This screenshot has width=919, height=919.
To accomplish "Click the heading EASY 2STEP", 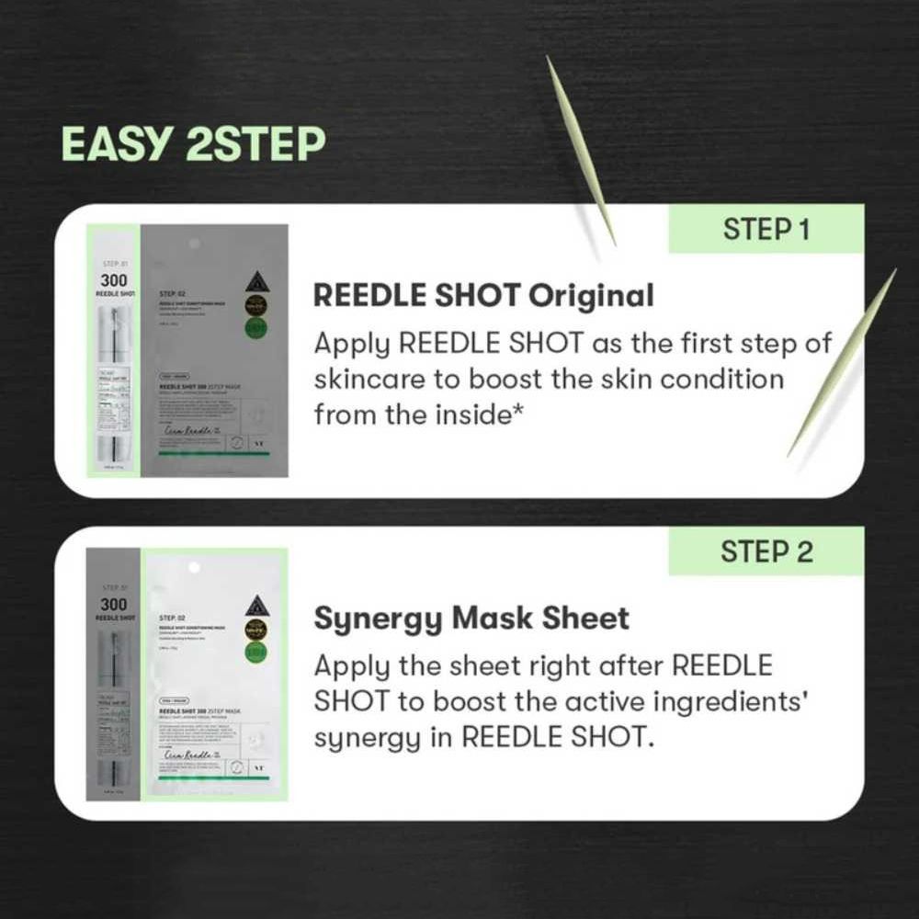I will click(x=193, y=144).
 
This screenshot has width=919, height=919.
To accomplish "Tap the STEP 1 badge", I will click(x=766, y=229).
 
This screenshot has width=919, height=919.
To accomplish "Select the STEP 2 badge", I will click(x=766, y=551).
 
